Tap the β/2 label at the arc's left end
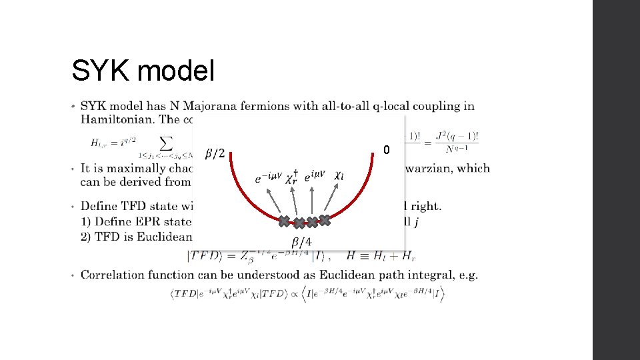coord(215,154)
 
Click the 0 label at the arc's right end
coord(386,151)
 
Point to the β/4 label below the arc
coord(301,241)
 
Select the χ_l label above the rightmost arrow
coord(339,175)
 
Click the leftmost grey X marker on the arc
coord(284,221)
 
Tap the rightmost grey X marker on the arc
coord(324,219)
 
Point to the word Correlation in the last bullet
coord(114,275)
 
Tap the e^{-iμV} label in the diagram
coord(268,178)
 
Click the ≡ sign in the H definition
coord(364,255)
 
